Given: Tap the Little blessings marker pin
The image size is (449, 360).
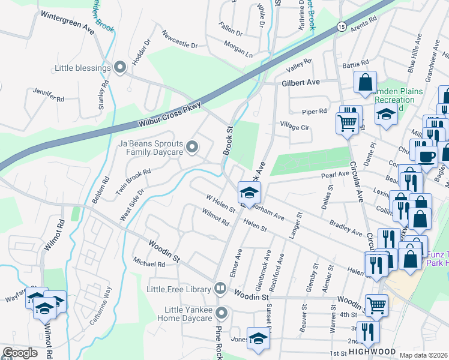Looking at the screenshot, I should pos(120,68).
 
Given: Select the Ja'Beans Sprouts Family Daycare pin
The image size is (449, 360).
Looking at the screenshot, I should pos(192,146).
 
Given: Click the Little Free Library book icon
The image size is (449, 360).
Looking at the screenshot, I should pos(220,289).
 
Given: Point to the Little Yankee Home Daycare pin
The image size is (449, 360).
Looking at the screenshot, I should pos(222,313).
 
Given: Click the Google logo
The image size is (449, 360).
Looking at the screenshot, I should pos(20,353).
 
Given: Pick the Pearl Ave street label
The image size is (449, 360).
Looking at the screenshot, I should pos(335,175).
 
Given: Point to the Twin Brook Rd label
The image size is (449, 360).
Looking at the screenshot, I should pos(133,181).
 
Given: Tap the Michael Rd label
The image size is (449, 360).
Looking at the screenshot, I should pos(149,263).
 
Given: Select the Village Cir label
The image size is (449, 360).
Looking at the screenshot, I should pos(294,127).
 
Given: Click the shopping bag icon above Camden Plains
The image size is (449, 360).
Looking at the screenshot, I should pos(365,82).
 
